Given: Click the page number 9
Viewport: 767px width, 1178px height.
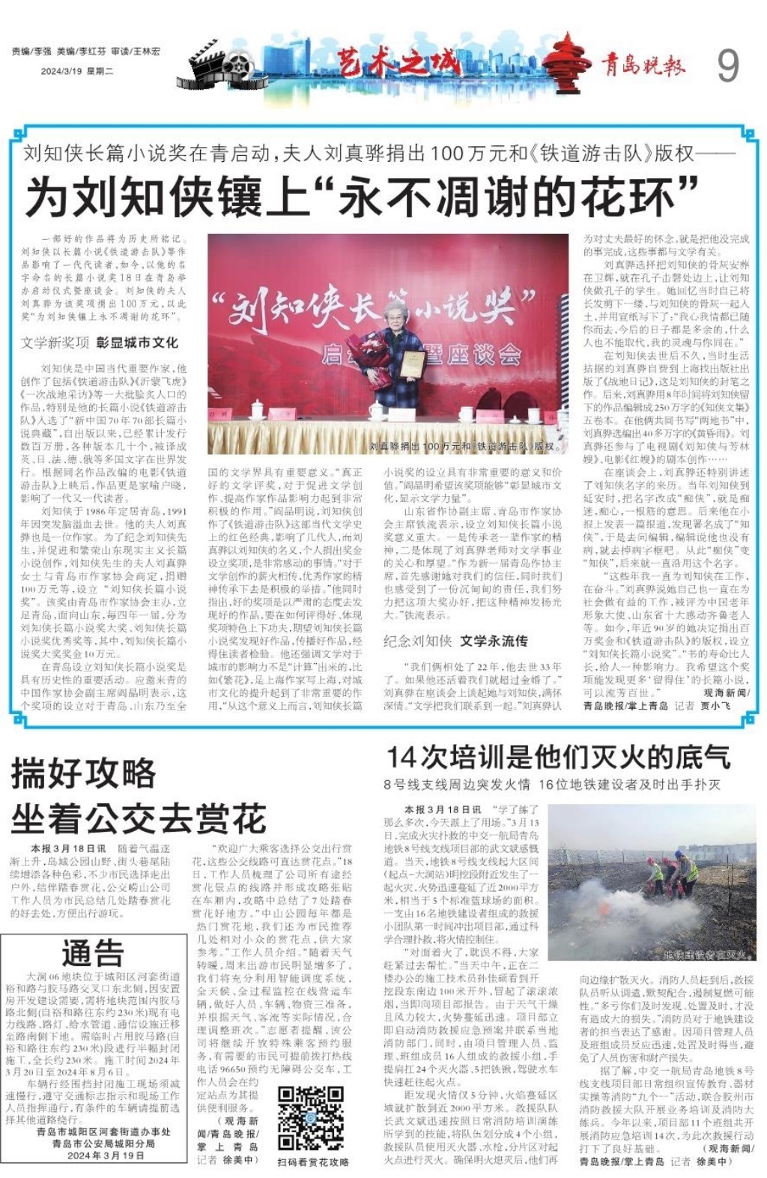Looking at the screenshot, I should (x=727, y=65).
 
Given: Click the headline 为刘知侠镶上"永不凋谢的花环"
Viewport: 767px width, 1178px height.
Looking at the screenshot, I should (x=362, y=197).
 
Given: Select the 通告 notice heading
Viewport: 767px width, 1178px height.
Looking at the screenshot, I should (x=92, y=953).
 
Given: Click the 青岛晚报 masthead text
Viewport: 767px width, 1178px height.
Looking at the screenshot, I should (x=643, y=66).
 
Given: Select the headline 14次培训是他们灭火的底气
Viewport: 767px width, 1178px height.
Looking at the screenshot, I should (x=558, y=757).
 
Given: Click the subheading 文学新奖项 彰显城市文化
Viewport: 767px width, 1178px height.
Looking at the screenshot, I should (x=99, y=342).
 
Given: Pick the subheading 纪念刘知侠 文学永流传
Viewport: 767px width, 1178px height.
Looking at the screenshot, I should (x=455, y=641).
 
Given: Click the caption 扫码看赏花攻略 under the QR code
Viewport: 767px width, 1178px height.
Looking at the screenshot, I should (x=313, y=1162).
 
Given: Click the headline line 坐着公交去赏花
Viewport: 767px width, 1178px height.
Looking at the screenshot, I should (x=139, y=819).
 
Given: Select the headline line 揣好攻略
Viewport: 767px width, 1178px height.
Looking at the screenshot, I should (x=83, y=773).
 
